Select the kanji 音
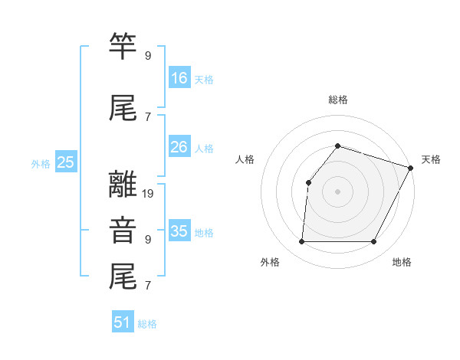click(x=123, y=230)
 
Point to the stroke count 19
click(x=149, y=194)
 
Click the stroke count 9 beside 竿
click(x=148, y=56)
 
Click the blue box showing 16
click(x=179, y=78)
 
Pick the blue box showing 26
click(x=179, y=147)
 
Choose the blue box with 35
click(x=179, y=231)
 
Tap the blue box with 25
click(x=66, y=162)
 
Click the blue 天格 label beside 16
click(x=204, y=80)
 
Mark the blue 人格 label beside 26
click(x=204, y=149)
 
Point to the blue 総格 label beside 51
click(x=147, y=324)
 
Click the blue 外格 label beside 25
click(x=41, y=163)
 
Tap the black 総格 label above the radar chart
click(x=338, y=100)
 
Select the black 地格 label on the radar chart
click(x=402, y=262)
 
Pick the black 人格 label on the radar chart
click(x=245, y=159)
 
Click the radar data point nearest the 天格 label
click(x=410, y=168)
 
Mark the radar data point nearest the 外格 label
click(x=301, y=242)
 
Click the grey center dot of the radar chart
click(x=337, y=191)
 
